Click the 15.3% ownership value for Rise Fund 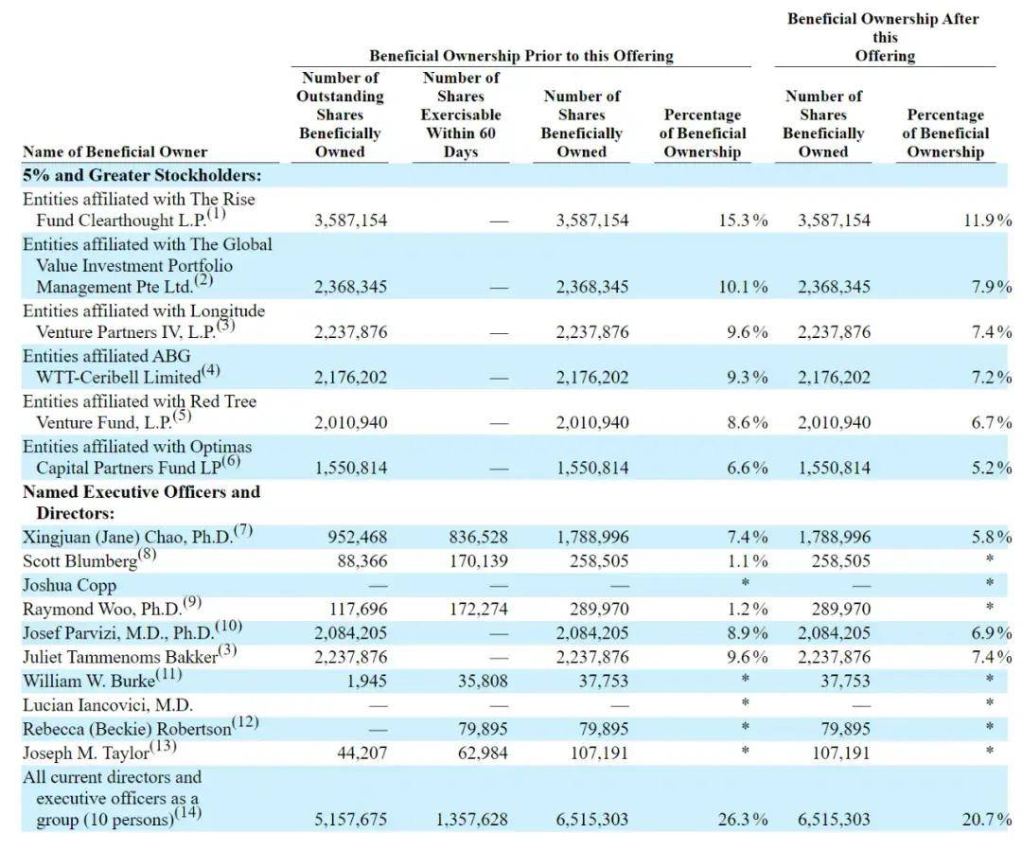click(x=743, y=221)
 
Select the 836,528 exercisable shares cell click(x=478, y=538)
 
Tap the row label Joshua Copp click(x=69, y=586)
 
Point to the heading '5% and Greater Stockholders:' click(x=141, y=175)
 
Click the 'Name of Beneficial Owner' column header click(x=115, y=152)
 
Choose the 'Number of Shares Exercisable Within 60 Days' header click(x=461, y=115)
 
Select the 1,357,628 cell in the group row click(x=471, y=819)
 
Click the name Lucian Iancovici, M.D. click(x=108, y=705)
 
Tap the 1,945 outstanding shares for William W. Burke click(x=366, y=682)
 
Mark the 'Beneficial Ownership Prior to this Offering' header click(x=521, y=56)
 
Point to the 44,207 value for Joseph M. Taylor click(x=361, y=753)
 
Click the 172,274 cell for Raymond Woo click(x=479, y=609)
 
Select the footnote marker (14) click(x=188, y=813)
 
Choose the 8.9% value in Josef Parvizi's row click(x=748, y=633)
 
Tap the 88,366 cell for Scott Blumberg click(x=361, y=561)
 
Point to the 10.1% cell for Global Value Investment click(x=743, y=287)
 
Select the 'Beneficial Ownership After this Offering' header click(x=885, y=38)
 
